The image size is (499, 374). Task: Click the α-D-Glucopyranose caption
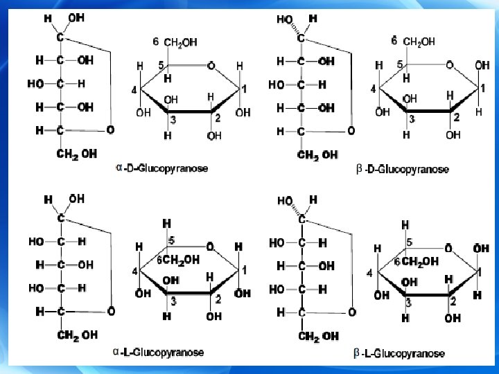[164, 168]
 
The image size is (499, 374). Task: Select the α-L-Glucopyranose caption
[159, 352]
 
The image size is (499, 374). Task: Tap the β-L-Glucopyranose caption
[399, 353]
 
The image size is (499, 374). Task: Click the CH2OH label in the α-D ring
[180, 42]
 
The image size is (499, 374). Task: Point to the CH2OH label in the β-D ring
[420, 42]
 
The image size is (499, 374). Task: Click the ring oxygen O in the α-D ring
[211, 66]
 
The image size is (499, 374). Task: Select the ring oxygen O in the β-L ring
[449, 248]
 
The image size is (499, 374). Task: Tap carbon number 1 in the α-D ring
[243, 89]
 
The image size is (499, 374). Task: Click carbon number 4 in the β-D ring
[372, 89]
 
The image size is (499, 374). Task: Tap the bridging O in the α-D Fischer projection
[110, 130]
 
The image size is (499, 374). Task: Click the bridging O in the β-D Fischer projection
[351, 130]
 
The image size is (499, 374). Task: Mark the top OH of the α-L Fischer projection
[77, 199]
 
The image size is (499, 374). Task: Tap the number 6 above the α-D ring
[156, 42]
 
